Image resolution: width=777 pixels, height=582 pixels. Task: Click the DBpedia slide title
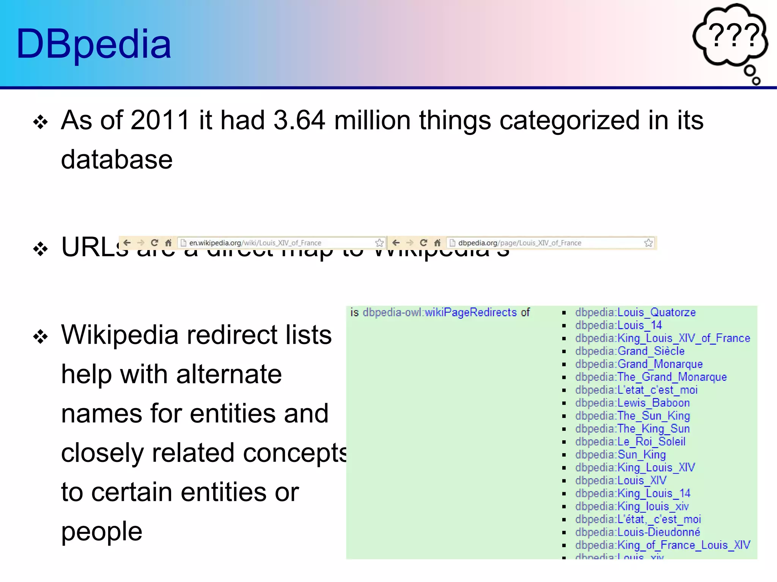(94, 44)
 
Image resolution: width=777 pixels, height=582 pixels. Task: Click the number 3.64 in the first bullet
(299, 120)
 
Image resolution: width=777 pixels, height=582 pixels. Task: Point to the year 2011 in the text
(160, 120)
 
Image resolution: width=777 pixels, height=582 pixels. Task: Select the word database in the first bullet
(117, 160)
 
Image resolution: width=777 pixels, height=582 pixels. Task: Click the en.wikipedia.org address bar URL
(255, 243)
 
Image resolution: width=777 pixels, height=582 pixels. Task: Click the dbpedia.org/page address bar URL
(519, 243)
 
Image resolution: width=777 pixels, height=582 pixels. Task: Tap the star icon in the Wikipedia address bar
(379, 243)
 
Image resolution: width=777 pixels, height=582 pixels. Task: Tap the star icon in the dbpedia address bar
(648, 243)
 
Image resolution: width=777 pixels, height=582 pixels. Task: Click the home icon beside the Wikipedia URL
(168, 243)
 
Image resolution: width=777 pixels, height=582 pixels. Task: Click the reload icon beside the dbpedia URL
(423, 243)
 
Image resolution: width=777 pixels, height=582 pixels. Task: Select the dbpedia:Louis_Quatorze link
(635, 313)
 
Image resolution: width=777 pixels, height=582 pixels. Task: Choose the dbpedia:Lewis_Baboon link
(632, 403)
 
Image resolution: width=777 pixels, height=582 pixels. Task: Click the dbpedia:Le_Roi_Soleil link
(630, 442)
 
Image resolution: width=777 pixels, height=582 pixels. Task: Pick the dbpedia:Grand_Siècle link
(630, 351)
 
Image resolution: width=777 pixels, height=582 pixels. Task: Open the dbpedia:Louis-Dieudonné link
(637, 532)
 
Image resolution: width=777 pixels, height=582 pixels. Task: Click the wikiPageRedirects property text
(470, 313)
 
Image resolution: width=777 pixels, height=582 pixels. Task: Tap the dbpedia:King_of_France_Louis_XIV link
(662, 545)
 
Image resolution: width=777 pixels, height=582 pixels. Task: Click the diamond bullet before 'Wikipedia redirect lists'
(41, 336)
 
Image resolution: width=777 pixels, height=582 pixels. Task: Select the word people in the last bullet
(102, 531)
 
